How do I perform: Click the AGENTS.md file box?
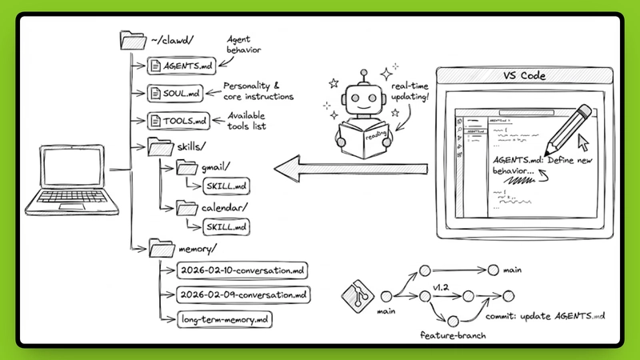(x=178, y=65)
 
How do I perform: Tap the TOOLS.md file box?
(x=176, y=122)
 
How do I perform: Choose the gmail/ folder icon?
(x=186, y=168)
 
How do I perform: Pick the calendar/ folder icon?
(x=186, y=208)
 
